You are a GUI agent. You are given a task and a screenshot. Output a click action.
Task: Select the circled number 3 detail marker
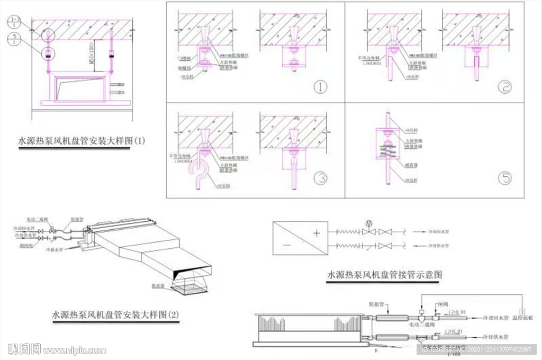[320, 178]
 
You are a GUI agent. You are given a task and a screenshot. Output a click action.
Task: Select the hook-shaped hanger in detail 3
[197, 172]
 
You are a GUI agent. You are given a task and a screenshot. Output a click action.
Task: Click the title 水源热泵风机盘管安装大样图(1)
[82, 141]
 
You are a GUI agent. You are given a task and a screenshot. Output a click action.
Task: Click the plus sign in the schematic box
[317, 232]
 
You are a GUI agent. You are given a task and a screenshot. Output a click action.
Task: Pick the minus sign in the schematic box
[285, 245]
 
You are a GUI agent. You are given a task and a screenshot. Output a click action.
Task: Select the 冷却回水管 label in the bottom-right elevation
[495, 319]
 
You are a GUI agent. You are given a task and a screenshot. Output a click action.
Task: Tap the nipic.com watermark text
[74, 350]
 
